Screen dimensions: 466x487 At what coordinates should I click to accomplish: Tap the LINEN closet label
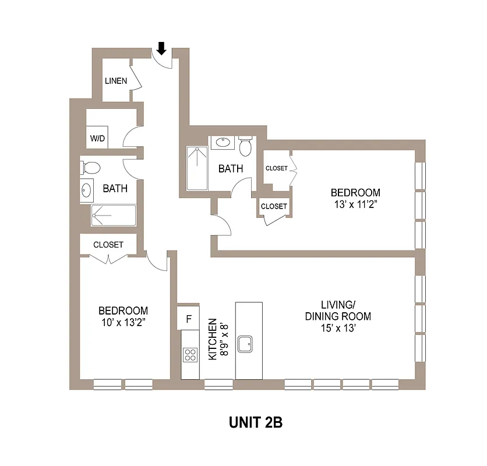point(115,81)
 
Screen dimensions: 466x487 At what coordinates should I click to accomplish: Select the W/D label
point(97,138)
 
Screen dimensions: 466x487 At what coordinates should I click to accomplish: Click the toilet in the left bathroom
point(90,168)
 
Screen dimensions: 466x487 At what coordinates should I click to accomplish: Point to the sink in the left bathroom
point(87,190)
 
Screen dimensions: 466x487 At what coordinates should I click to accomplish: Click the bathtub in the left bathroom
point(113,216)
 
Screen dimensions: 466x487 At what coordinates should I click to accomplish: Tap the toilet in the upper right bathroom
point(245,146)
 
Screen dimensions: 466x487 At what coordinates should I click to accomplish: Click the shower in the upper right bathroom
point(197,168)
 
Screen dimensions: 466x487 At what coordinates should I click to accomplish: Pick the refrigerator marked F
point(188,318)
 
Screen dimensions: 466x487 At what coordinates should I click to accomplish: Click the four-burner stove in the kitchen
point(190,354)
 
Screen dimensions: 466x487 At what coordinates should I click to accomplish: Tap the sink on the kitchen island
point(248,343)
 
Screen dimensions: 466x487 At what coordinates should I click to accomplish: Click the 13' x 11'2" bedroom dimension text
point(355,203)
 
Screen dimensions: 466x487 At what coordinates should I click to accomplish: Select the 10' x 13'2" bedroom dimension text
point(122,322)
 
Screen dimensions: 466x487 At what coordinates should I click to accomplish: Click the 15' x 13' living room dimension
point(338,328)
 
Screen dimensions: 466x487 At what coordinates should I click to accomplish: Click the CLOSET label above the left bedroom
point(108,245)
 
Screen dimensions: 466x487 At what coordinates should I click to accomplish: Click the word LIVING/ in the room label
point(338,305)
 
